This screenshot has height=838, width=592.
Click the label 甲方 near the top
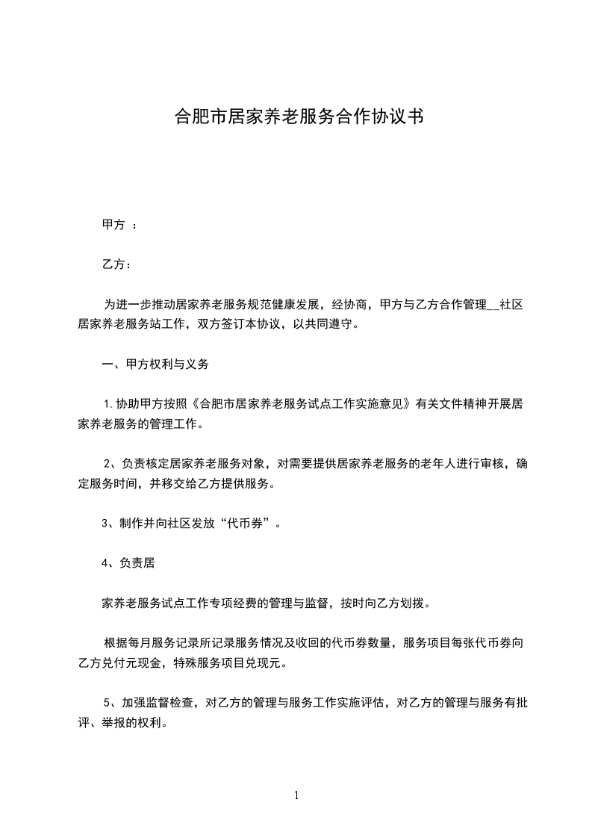(x=113, y=224)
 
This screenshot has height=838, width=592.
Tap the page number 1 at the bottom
(x=296, y=795)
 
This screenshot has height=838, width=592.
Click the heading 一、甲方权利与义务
(x=155, y=365)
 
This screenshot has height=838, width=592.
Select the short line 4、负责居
(x=128, y=563)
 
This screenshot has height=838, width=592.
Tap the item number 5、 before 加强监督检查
(x=110, y=702)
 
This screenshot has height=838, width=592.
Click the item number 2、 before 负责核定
(x=110, y=463)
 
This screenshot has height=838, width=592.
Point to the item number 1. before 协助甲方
(x=110, y=405)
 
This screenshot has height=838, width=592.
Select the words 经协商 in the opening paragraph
(x=351, y=305)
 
